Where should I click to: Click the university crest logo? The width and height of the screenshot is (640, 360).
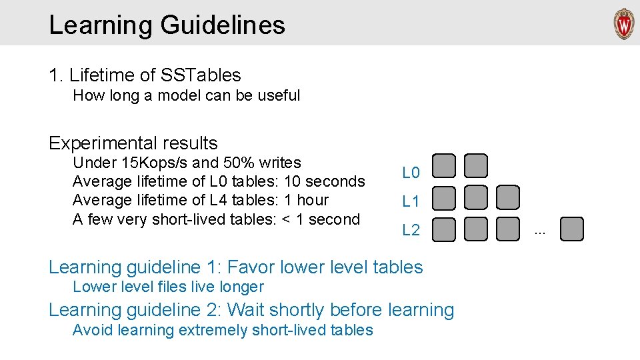click(624, 24)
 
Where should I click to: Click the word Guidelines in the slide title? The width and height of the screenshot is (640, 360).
click(223, 25)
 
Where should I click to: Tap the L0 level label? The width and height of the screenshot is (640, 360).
click(411, 173)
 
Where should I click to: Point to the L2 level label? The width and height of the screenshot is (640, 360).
click(411, 231)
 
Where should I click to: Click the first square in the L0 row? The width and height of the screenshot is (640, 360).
click(444, 166)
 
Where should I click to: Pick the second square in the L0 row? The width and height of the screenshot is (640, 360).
click(476, 166)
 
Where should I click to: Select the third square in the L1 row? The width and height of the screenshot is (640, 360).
click(507, 197)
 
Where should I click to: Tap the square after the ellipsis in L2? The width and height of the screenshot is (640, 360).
click(571, 229)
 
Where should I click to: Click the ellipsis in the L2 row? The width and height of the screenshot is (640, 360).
click(540, 232)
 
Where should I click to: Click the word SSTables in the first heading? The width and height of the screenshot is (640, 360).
click(202, 75)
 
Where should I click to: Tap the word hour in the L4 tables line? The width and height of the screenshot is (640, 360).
click(312, 200)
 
